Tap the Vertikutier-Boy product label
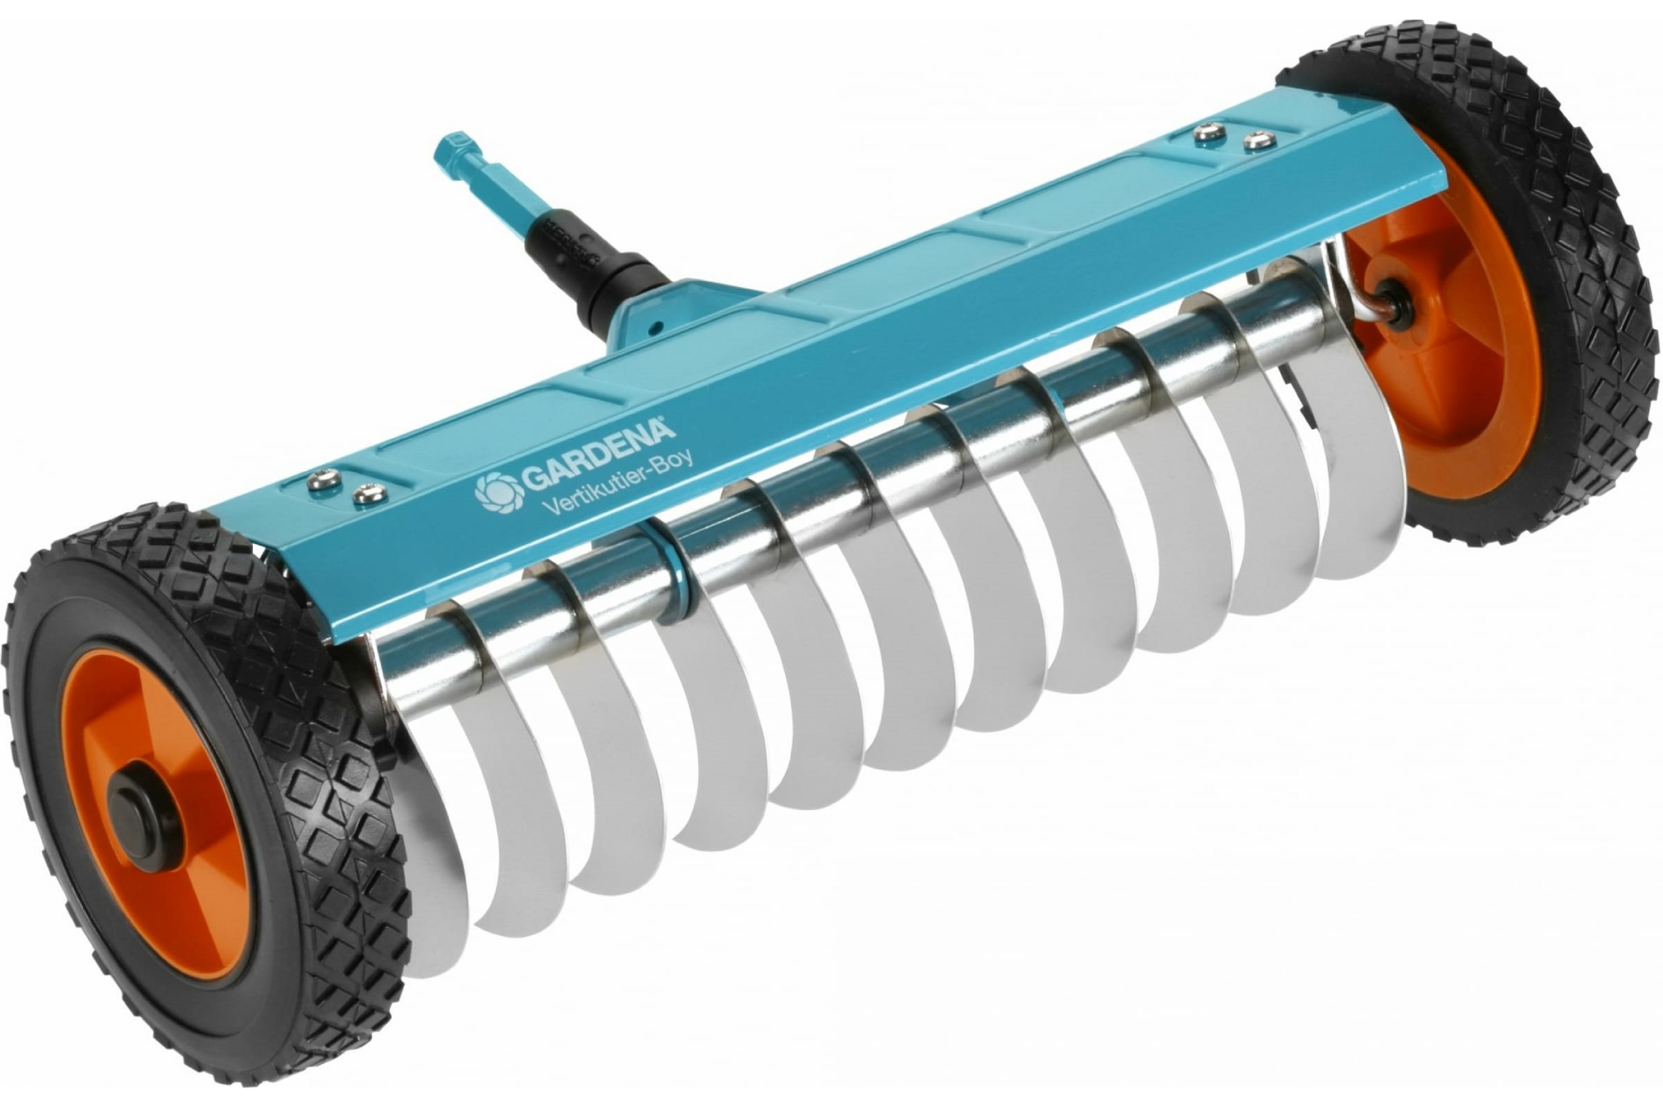(x=616, y=486)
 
